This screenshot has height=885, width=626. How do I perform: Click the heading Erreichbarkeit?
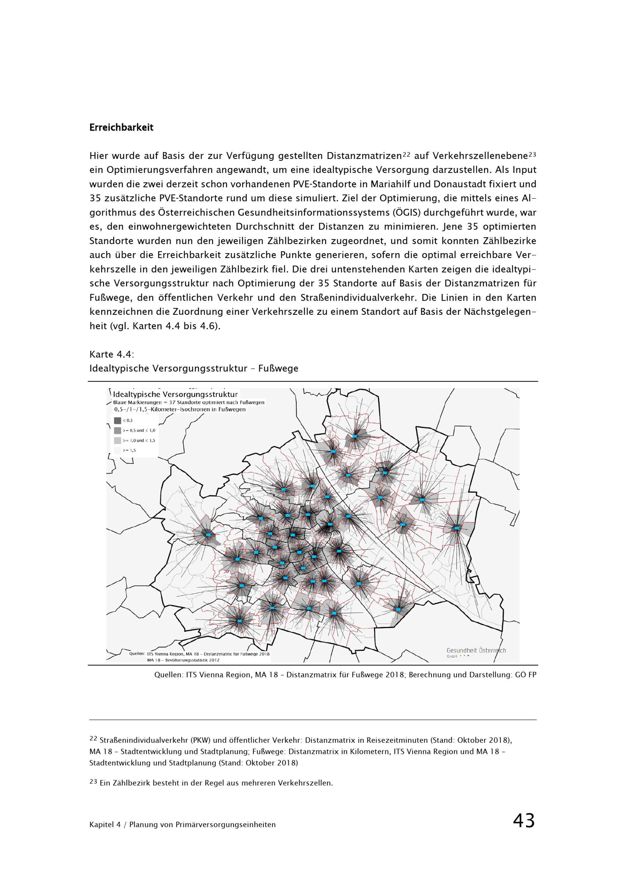coord(121,128)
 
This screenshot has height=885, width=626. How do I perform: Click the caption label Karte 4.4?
coord(111,354)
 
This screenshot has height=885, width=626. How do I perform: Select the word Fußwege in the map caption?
coord(278,369)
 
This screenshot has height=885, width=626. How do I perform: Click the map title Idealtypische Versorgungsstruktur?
coord(175,394)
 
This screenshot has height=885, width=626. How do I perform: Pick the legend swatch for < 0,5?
coord(118,421)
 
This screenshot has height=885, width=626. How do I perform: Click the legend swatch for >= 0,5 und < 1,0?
coord(118,431)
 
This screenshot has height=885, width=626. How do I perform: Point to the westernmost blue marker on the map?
coord(208,535)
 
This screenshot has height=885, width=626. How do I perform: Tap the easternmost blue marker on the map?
coord(457,528)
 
